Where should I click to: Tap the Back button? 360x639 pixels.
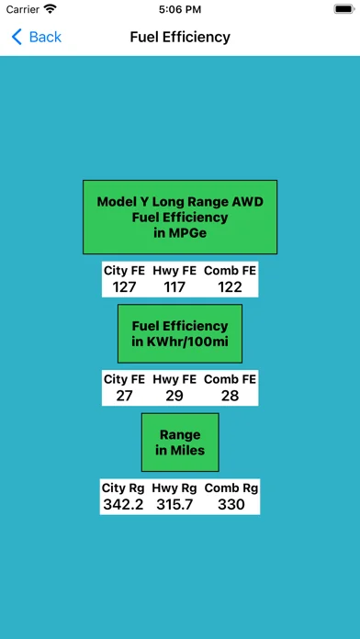click(x=37, y=37)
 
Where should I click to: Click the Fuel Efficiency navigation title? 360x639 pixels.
click(x=180, y=37)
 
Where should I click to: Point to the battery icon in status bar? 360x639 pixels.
click(x=344, y=9)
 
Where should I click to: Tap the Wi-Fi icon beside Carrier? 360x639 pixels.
click(x=51, y=9)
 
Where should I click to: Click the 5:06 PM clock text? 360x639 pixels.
click(x=180, y=9)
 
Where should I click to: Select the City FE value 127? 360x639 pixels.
click(x=124, y=287)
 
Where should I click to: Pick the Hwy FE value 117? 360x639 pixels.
click(x=174, y=287)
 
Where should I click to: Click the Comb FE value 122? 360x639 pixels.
click(x=230, y=287)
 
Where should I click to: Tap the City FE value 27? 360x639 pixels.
click(x=124, y=396)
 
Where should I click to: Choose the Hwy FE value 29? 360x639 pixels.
click(x=174, y=396)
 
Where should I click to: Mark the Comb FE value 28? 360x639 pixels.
click(x=230, y=396)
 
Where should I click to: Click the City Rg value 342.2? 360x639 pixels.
click(x=123, y=505)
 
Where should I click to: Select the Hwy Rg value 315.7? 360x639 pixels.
click(x=174, y=505)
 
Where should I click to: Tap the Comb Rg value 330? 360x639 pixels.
click(x=231, y=505)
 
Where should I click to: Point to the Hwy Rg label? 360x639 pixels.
click(x=174, y=488)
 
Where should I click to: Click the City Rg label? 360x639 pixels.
click(x=123, y=488)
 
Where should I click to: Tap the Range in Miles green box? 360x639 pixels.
click(x=180, y=443)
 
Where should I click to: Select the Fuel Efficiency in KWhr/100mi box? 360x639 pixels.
click(x=180, y=333)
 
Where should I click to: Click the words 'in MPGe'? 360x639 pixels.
click(x=180, y=232)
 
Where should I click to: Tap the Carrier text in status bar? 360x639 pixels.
click(x=22, y=9)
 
